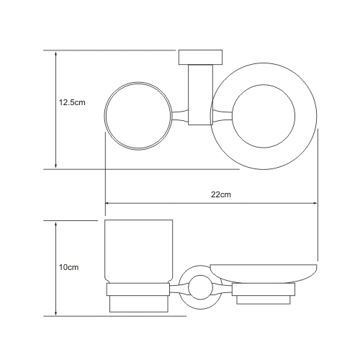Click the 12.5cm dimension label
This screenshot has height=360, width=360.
click(72, 103)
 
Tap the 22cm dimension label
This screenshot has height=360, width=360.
click(221, 194)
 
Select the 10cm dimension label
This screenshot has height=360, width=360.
click(69, 267)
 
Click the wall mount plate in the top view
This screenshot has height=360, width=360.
click(201, 58)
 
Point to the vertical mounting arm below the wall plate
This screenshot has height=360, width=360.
click(201, 95)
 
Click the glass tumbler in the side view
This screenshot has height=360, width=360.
click(139, 251)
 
